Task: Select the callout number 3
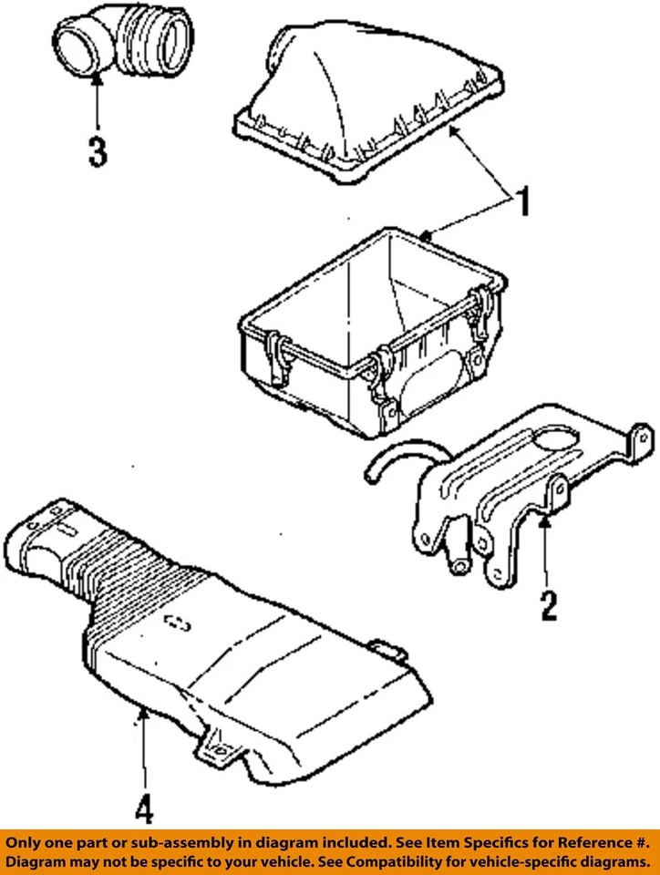pos(97,151)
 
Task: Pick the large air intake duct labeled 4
pos(210,638)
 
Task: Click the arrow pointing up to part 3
pos(97,105)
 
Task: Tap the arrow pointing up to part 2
pos(544,551)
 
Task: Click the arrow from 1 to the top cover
pos(479,160)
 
